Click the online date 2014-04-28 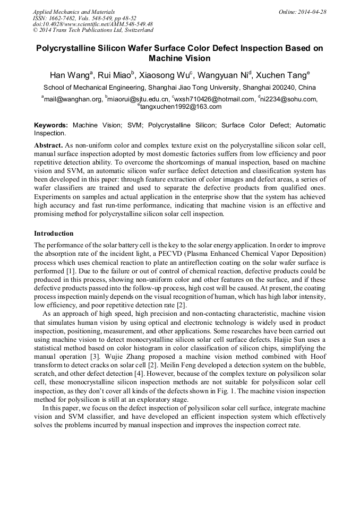313,12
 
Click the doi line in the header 92,24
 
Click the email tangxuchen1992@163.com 181,107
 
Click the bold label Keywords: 51,125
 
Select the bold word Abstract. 48,145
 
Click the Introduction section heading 54,234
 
